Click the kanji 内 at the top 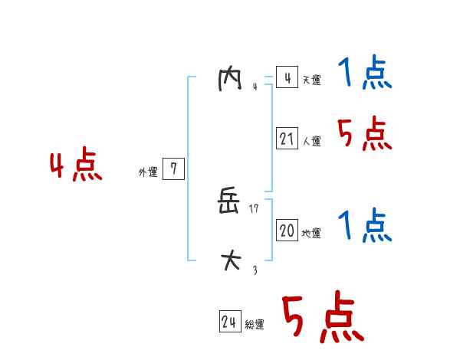coord(229,79)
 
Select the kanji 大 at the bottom coord(230,260)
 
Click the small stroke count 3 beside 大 coord(255,270)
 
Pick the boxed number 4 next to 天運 coord(287,78)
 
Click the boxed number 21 coord(287,139)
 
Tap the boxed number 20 coord(287,231)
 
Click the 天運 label coord(311,80)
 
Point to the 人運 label coord(311,142)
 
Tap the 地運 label coord(311,234)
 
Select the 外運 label coord(147,172)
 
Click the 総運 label coord(255,325)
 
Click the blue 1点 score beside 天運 coord(364,75)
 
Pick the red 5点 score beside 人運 coord(364,135)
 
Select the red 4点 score coord(75,167)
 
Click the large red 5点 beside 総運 coord(322,319)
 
